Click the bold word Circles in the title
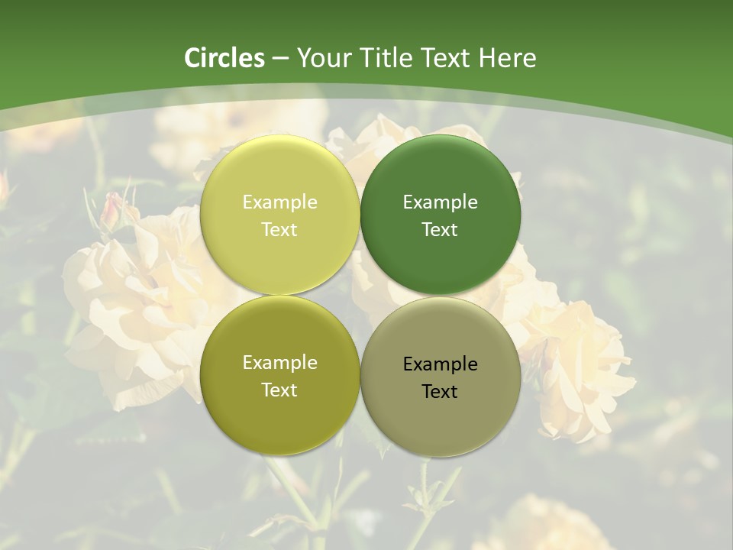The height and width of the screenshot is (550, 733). [x=224, y=58]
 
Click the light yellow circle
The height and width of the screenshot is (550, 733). [x=279, y=215]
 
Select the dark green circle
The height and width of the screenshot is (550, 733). [x=441, y=215]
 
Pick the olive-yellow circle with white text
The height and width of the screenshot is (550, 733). [x=279, y=376]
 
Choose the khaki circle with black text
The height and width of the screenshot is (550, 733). [x=441, y=377]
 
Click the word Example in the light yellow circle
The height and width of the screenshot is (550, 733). [x=279, y=202]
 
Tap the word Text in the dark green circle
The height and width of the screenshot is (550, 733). [x=440, y=229]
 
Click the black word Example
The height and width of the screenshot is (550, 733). [x=440, y=364]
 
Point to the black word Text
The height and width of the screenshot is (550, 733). [x=440, y=391]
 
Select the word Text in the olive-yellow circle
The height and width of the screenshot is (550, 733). [x=279, y=390]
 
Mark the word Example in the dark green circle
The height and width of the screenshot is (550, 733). [x=440, y=202]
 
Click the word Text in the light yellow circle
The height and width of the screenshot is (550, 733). [x=279, y=229]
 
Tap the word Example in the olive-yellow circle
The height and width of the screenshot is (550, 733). [x=279, y=362]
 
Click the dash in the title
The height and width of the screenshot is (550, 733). [x=280, y=59]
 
